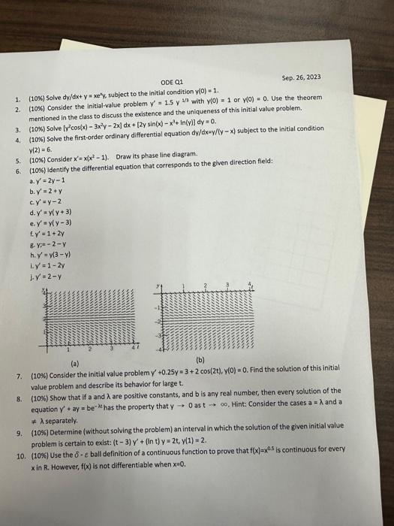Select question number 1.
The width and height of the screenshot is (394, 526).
point(17,98)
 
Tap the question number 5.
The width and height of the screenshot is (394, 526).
point(17,161)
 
